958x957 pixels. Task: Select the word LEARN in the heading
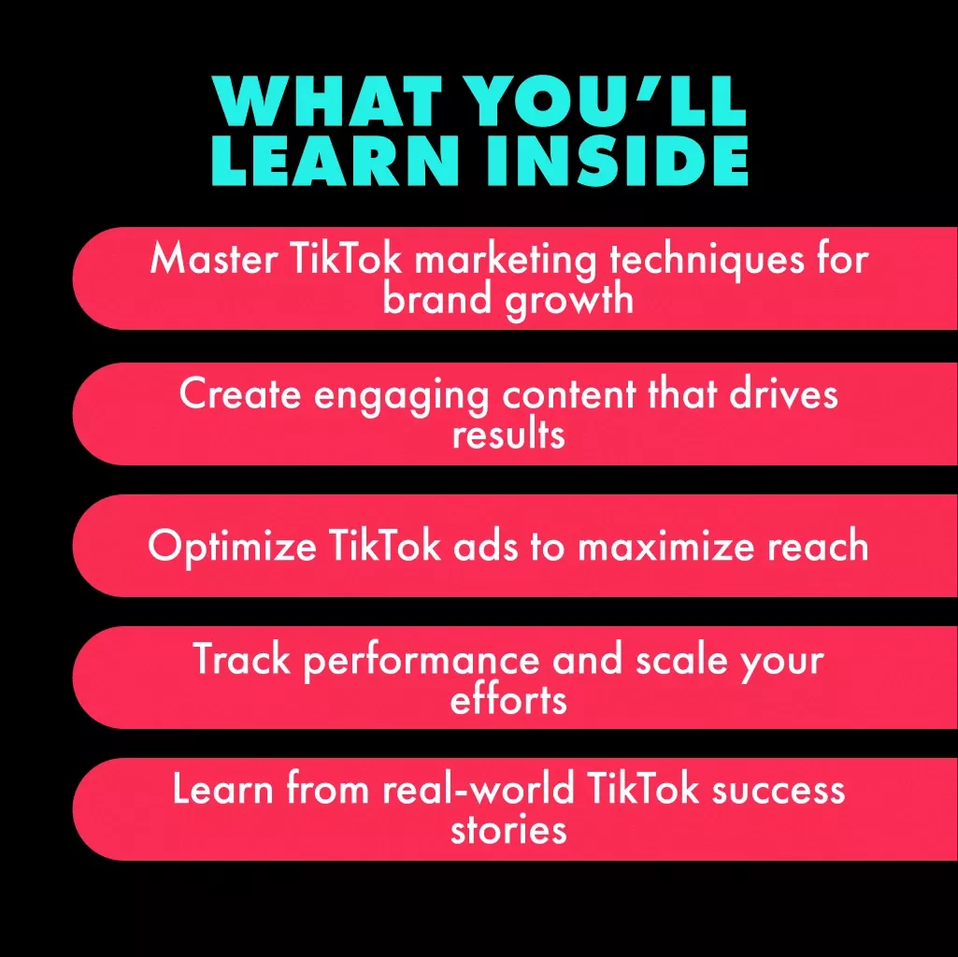coord(335,160)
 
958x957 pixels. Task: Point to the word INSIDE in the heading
coord(617,160)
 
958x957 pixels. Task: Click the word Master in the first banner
coord(214,259)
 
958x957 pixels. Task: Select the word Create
coord(240,393)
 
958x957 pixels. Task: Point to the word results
coord(508,434)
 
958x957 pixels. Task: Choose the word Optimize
coord(232,547)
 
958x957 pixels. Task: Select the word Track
coord(242,659)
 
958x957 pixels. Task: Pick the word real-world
coord(479,789)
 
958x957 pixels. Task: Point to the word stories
coord(508,830)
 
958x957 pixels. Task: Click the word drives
coord(783,393)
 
